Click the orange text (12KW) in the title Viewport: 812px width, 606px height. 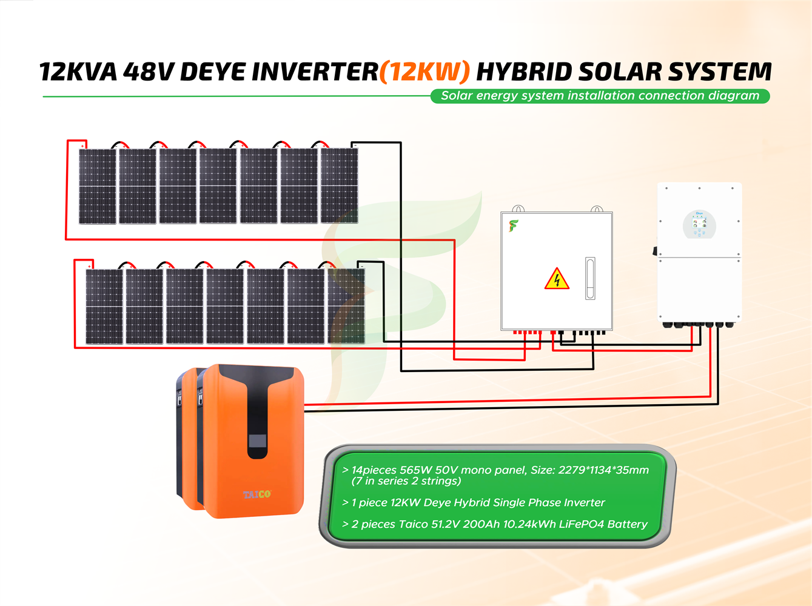(424, 72)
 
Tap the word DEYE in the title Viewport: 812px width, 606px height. (213, 72)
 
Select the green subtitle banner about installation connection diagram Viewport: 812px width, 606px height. (600, 96)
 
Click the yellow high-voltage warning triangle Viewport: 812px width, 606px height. (557, 279)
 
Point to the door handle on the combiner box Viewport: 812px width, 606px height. (590, 278)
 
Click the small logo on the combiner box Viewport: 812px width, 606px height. (514, 226)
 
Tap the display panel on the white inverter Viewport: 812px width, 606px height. (700, 224)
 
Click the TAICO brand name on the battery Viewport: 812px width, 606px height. (257, 494)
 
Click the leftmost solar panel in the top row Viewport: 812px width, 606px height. (98, 186)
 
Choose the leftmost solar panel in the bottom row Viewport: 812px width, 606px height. (104, 307)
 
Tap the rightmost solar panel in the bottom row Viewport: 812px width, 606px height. (346, 306)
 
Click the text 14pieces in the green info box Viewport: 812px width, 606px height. (374, 470)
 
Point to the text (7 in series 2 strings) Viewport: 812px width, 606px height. (406, 481)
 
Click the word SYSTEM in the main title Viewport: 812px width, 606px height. (720, 72)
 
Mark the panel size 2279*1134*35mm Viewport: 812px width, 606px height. (603, 470)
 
